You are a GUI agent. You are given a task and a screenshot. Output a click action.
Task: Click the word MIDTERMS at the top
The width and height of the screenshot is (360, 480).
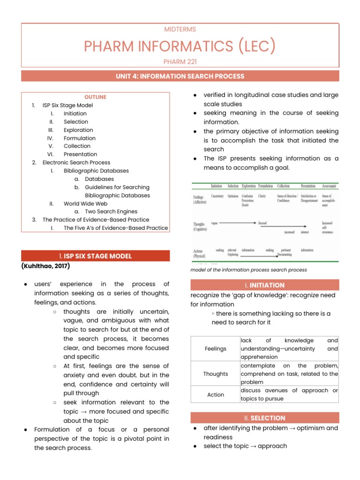[180, 30]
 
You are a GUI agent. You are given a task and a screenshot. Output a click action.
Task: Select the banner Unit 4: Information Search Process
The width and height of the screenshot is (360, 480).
[180, 76]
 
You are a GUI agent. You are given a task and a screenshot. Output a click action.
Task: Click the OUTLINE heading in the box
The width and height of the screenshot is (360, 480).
[95, 97]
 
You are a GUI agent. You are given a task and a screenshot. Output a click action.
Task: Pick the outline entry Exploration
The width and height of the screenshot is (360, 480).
[78, 130]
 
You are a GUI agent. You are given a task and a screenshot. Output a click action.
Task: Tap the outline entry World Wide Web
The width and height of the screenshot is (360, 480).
[86, 203]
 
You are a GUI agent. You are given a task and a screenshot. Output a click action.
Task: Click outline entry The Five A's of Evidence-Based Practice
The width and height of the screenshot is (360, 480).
[116, 228]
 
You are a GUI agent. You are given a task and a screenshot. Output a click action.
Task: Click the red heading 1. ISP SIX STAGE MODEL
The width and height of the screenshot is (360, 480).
[95, 256]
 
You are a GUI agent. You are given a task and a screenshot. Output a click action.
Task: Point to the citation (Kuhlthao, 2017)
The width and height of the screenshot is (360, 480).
[45, 266]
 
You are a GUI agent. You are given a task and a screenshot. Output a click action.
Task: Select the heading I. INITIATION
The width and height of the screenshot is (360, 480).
[264, 285]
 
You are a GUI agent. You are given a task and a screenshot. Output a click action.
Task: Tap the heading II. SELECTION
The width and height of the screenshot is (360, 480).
[264, 418]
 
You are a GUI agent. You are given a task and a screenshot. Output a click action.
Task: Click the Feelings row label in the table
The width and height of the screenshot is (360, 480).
[216, 349]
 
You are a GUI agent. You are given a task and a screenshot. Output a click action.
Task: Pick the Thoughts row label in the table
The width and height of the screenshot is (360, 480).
[216, 374]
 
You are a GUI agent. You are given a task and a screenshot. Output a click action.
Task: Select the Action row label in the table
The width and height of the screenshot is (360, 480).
[216, 395]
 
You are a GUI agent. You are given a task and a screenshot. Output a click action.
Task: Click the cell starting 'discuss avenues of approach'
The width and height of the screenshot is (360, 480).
[289, 395]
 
